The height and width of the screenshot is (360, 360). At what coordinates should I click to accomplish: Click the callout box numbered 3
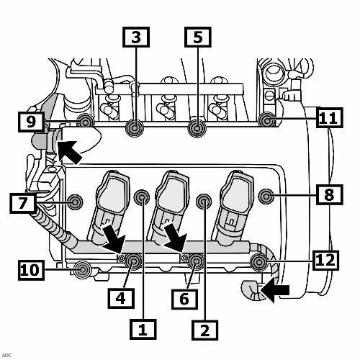tap(136, 37)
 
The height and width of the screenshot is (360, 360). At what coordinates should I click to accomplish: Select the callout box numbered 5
tap(198, 37)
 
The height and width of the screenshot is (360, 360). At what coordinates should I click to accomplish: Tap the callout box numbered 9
tap(31, 122)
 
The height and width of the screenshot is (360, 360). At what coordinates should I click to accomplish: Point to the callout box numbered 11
tap(330, 117)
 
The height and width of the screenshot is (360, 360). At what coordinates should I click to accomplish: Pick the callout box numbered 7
tap(23, 203)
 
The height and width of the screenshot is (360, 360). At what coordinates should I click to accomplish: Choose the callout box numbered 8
tap(330, 194)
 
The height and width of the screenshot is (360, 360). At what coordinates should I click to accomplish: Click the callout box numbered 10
tap(31, 270)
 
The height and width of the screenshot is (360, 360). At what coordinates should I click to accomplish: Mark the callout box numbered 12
tap(325, 261)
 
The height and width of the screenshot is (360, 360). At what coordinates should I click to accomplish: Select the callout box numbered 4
tap(121, 298)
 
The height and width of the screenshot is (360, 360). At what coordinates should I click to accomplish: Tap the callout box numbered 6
tap(184, 299)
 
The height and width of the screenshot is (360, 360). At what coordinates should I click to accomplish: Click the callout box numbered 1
tap(143, 329)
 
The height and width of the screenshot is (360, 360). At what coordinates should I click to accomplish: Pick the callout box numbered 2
tap(204, 330)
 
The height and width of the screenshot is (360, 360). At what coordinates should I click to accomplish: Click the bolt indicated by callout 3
tap(135, 128)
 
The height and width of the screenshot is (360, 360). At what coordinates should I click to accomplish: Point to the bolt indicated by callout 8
tap(266, 197)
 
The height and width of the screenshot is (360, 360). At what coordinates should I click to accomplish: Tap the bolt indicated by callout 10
tap(83, 270)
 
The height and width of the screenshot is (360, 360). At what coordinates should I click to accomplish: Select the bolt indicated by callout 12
tap(258, 262)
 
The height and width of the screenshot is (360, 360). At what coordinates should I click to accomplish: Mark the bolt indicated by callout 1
tap(142, 197)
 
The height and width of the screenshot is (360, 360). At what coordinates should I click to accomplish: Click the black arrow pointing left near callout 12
tap(275, 290)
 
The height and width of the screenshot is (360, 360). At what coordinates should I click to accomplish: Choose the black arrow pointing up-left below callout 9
tap(70, 152)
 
